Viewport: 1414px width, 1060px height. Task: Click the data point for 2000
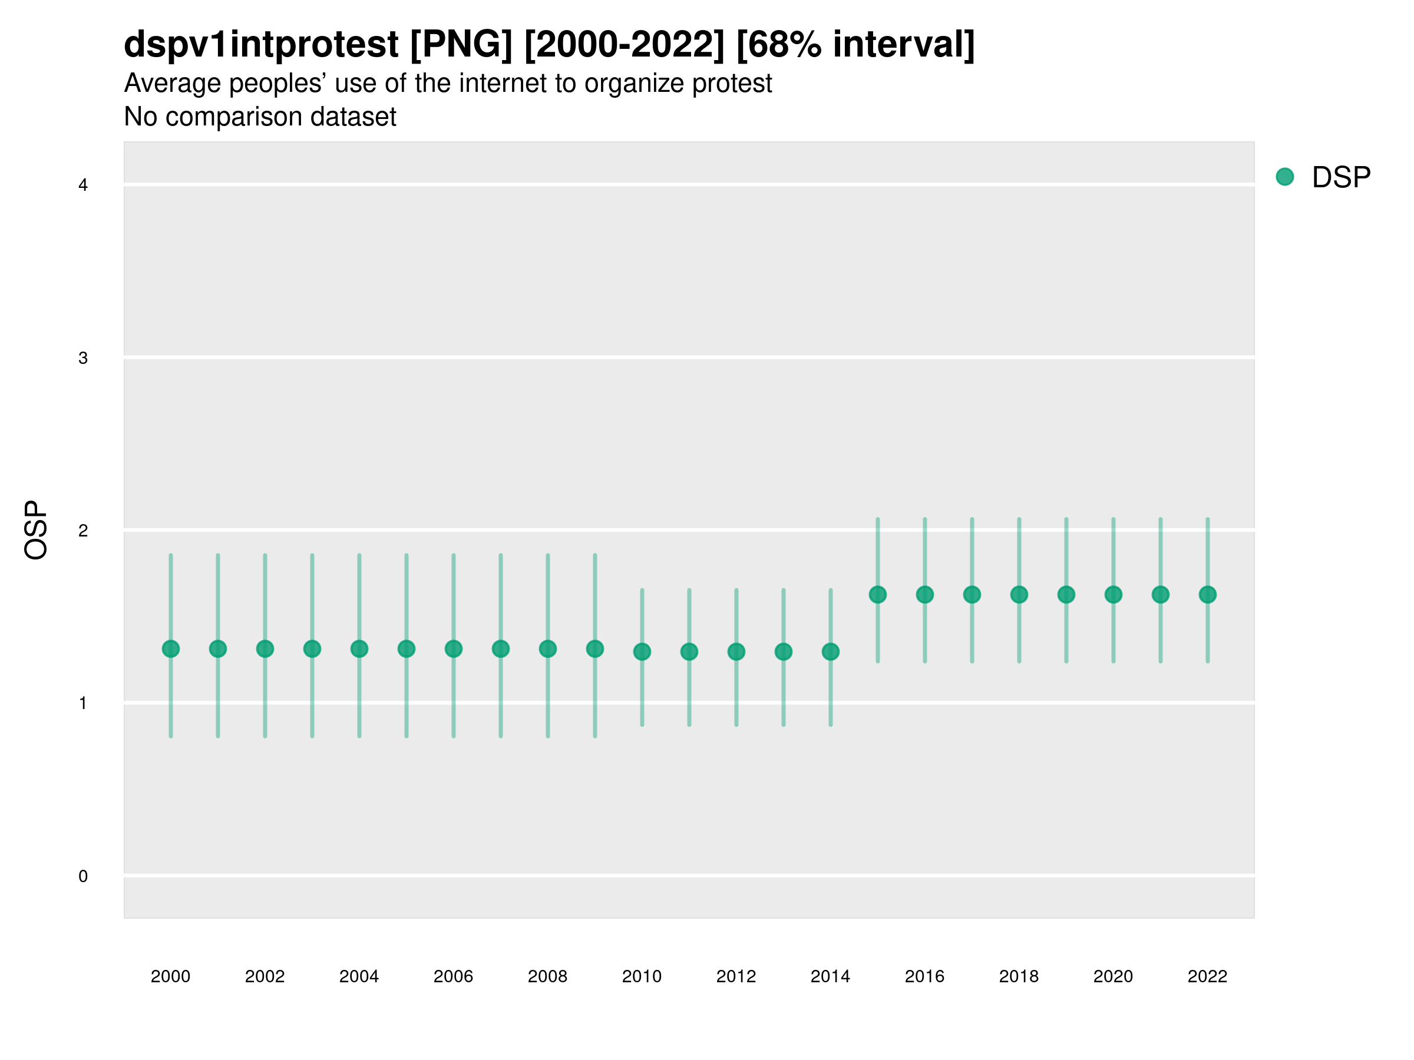[x=171, y=648]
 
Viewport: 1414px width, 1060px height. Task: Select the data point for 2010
[x=642, y=652]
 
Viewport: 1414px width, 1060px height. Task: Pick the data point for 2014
[x=830, y=652]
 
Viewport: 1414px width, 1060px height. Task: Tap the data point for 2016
[x=924, y=594]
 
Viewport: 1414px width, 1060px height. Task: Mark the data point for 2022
[x=1208, y=594]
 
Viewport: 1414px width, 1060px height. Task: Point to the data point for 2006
[x=453, y=648]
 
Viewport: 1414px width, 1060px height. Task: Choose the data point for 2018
[x=1019, y=594]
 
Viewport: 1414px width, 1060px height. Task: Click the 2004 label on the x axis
[x=359, y=976]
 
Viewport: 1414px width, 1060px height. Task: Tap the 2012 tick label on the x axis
[x=736, y=976]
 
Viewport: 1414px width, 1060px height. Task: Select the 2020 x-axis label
[x=1113, y=976]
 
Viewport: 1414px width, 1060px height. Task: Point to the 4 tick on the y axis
[x=83, y=185]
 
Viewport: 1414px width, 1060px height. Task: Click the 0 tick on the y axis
[x=83, y=876]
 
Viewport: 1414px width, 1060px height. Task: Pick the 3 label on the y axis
[x=83, y=358]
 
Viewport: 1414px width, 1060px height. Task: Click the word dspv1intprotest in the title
[x=261, y=44]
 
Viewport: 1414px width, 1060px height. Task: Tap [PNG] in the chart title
[x=461, y=44]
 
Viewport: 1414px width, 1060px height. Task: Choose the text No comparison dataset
[x=260, y=117]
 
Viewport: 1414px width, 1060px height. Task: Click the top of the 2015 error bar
[x=878, y=519]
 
